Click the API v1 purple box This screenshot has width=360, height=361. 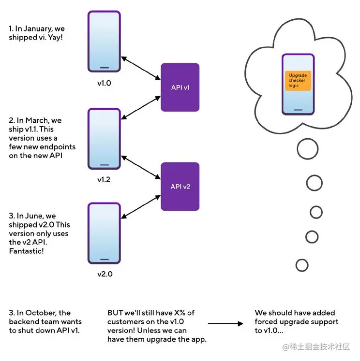point(180,87)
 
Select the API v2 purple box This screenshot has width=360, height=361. point(180,186)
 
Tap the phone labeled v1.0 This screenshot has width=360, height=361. point(104,42)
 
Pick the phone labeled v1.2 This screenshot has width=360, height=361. point(104,139)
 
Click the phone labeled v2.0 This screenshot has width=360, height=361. point(104,233)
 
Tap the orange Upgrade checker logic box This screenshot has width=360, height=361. point(298,80)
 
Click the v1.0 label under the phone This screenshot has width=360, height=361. point(104,83)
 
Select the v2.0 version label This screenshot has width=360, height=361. point(104,274)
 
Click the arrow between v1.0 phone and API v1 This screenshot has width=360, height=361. point(141,69)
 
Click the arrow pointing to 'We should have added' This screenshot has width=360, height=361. point(225,324)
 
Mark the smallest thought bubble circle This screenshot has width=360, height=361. point(302,265)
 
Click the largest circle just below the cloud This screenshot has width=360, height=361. point(308,149)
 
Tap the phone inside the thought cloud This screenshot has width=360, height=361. point(298,84)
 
